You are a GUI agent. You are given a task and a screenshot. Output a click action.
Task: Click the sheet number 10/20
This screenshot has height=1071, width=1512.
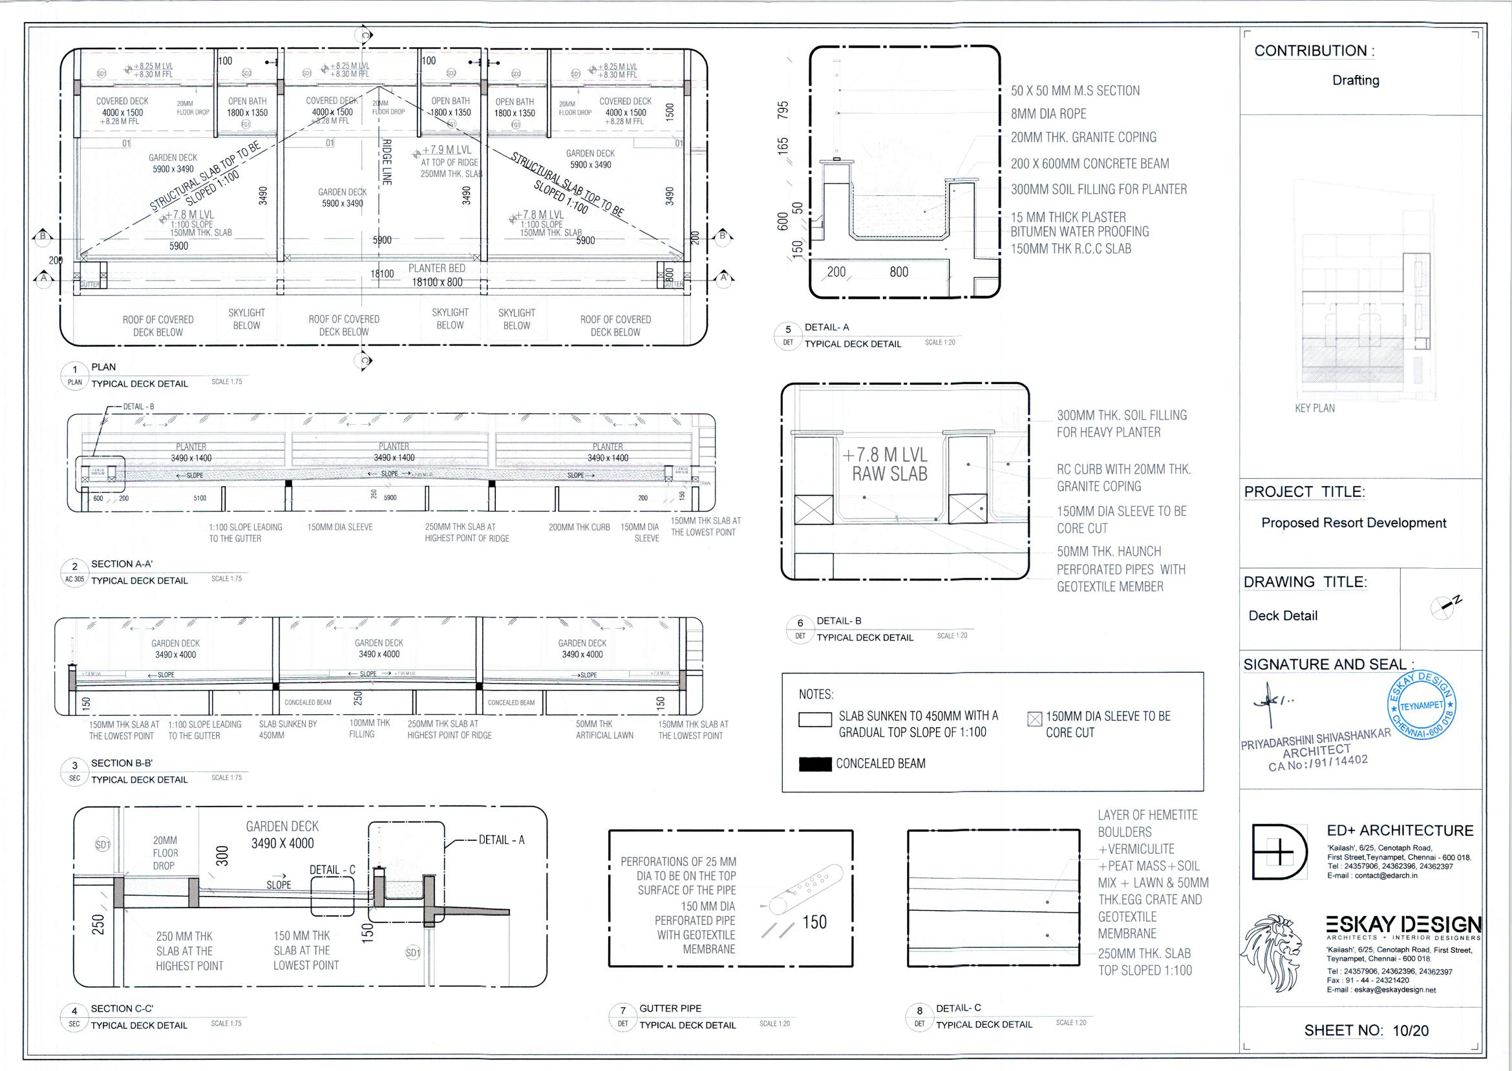click(x=1410, y=1030)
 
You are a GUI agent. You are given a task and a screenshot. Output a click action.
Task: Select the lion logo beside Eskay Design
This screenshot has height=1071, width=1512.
click(x=1272, y=947)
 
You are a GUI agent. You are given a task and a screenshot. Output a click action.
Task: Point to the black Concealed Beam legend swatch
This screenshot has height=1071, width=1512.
click(x=815, y=764)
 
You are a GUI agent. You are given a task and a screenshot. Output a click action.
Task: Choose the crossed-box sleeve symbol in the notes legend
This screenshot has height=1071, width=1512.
click(x=1034, y=719)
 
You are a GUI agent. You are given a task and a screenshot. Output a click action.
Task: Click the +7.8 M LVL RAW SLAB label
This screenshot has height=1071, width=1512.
click(x=889, y=464)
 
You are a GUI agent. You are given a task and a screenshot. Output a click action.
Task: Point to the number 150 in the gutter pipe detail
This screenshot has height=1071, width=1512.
click(x=815, y=922)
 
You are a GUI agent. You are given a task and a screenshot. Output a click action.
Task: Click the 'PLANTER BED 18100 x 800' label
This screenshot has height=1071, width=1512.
click(x=436, y=275)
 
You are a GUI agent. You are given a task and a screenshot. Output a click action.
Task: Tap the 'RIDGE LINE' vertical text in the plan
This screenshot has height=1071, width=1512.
click(x=387, y=162)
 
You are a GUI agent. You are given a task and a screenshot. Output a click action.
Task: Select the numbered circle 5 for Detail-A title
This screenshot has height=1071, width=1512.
click(x=788, y=330)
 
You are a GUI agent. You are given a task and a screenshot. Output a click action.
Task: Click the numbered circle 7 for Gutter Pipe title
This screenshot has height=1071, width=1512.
click(x=623, y=1011)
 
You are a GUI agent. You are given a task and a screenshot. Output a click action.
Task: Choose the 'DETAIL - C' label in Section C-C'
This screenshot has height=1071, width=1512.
click(x=332, y=870)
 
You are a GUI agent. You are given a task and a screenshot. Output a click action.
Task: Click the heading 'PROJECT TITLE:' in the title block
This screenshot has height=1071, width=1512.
click(x=1304, y=492)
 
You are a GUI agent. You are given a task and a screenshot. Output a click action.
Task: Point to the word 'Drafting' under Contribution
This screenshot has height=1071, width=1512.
click(x=1355, y=80)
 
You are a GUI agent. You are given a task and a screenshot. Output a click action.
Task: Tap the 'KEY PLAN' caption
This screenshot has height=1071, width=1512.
click(x=1314, y=408)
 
